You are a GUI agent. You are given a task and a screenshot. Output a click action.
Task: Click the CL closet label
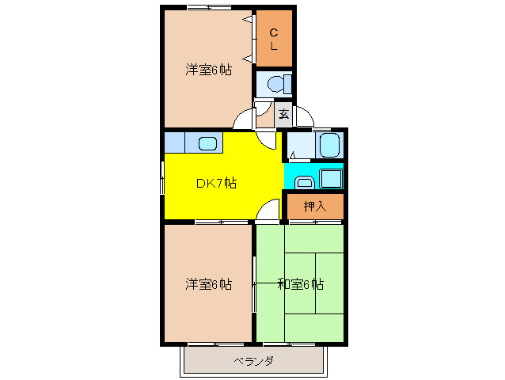(x=274, y=39)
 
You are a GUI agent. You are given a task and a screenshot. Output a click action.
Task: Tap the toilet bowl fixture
(x=277, y=83)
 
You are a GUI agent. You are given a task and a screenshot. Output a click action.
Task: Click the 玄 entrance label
(x=283, y=114)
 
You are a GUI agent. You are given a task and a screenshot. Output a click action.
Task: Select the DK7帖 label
(x=215, y=183)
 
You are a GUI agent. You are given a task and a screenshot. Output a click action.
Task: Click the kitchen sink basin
(x=207, y=144)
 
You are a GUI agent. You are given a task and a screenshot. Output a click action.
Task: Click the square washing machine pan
(x=331, y=178)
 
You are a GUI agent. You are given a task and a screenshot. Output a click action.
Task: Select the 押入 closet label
(x=315, y=207)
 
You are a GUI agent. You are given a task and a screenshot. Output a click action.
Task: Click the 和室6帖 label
(x=300, y=284)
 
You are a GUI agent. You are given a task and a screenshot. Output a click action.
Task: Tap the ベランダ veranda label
(x=254, y=362)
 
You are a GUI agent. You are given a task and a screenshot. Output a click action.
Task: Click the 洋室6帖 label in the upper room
(x=209, y=70)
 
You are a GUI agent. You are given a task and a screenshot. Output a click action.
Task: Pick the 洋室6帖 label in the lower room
(x=209, y=283)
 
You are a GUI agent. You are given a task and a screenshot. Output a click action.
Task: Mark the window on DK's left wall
(x=163, y=174)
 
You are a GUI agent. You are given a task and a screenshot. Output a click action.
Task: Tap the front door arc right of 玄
(x=304, y=116)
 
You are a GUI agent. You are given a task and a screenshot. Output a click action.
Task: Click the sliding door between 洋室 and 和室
(x=253, y=283)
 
